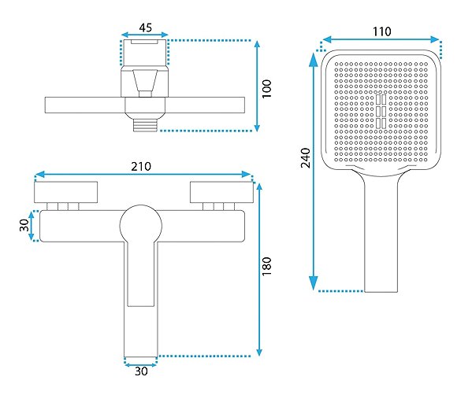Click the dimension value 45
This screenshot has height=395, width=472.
tap(146, 28)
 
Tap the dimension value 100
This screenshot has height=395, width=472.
tap(266, 88)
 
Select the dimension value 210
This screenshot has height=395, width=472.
tap(141, 166)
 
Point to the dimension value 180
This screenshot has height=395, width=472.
tap(266, 266)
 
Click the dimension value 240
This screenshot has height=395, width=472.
tap(305, 158)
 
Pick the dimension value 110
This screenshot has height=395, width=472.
tap(382, 31)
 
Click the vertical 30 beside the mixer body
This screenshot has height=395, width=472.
tap(24, 225)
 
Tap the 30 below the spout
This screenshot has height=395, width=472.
tap(141, 371)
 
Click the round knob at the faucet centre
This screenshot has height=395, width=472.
tap(141, 226)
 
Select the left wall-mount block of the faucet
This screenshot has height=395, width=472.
tap(66, 192)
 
